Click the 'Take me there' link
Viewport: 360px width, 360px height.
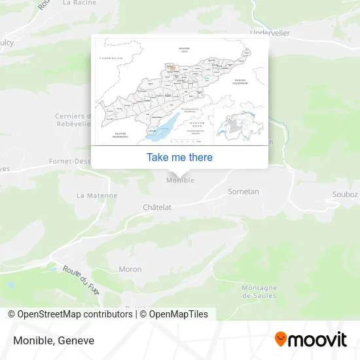point(179,157)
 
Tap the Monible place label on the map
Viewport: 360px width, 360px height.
point(180,180)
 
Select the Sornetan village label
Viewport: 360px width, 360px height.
point(243,192)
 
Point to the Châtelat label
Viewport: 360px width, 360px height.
point(157,207)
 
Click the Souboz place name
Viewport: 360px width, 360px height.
point(345,194)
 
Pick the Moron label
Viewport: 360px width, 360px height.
point(130,269)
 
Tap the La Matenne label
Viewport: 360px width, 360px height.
point(97,195)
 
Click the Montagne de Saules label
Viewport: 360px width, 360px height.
point(259,291)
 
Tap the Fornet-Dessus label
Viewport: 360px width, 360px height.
point(69,160)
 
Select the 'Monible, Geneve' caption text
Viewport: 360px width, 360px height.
point(53,340)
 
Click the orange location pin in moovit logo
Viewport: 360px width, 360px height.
point(281,339)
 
